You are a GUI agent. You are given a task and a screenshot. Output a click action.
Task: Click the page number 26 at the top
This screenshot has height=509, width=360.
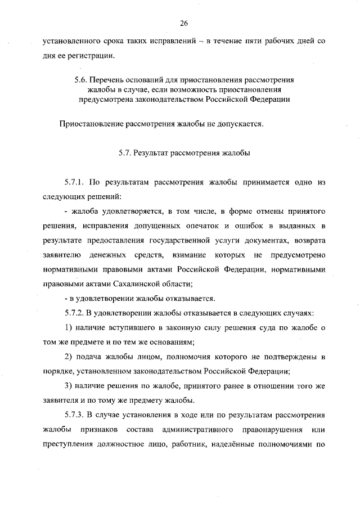tap(183, 23)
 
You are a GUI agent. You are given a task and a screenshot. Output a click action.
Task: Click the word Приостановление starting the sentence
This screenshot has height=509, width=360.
tap(89, 124)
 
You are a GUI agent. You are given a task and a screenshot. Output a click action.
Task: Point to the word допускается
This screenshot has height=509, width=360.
tap(240, 124)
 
